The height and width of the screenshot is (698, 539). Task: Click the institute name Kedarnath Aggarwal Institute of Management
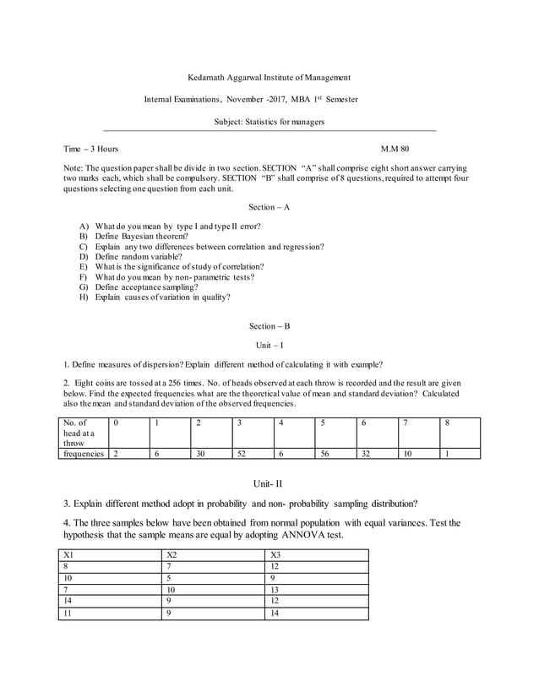click(x=269, y=78)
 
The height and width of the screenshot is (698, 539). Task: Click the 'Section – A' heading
click(x=269, y=207)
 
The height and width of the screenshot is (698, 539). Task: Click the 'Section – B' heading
click(x=269, y=326)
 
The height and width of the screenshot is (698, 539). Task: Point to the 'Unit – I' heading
click(x=269, y=346)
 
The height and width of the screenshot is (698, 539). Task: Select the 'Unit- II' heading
click(x=269, y=483)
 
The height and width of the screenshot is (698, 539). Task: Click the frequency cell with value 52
click(x=242, y=454)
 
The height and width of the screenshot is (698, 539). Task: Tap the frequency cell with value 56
click(x=324, y=454)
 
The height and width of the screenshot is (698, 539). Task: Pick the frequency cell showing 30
click(x=200, y=454)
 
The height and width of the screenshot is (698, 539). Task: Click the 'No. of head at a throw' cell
click(x=81, y=432)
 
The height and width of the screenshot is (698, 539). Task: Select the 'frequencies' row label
click(x=83, y=454)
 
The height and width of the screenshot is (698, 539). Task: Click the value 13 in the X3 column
click(x=275, y=590)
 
